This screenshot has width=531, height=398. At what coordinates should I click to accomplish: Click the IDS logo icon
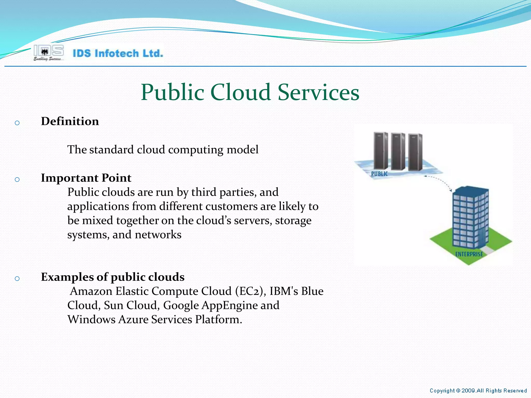48,53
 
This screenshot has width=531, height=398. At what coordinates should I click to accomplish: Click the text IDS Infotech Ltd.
118,53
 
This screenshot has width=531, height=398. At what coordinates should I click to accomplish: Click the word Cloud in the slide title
241,93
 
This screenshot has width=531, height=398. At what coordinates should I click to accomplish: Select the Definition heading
70,121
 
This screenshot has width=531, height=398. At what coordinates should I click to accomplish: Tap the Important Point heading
86,178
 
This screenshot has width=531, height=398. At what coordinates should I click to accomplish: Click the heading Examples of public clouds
113,277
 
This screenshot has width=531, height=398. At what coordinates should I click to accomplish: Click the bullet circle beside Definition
17,123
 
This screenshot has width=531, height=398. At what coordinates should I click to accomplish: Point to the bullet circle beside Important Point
17,180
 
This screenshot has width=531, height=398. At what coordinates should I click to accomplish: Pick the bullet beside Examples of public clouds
17,279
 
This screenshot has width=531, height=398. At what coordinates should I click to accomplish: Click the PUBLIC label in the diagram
379,174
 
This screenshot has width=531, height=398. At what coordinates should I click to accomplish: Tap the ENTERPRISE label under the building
469,254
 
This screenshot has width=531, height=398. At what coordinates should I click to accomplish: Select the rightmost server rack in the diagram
415,152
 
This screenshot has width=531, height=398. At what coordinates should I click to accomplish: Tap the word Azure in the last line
134,319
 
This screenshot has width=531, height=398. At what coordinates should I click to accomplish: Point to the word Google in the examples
181,305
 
